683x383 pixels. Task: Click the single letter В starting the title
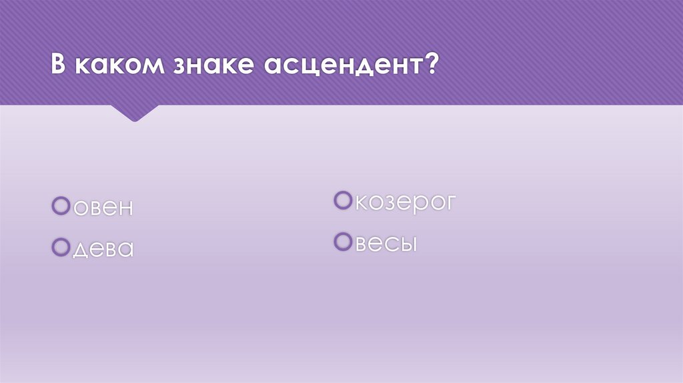pyautogui.click(x=59, y=67)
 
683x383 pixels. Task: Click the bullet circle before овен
pyautogui.click(x=61, y=206)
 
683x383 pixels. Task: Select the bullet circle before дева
pyautogui.click(x=61, y=247)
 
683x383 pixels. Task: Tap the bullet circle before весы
pyautogui.click(x=344, y=242)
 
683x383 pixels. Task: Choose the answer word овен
pyautogui.click(x=103, y=208)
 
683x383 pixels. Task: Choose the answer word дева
pyautogui.click(x=103, y=250)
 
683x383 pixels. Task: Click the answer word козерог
pyautogui.click(x=405, y=202)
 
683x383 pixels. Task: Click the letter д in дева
pyautogui.click(x=79, y=250)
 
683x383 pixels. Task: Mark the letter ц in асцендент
pyautogui.click(x=309, y=68)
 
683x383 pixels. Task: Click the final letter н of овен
pyautogui.click(x=125, y=208)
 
